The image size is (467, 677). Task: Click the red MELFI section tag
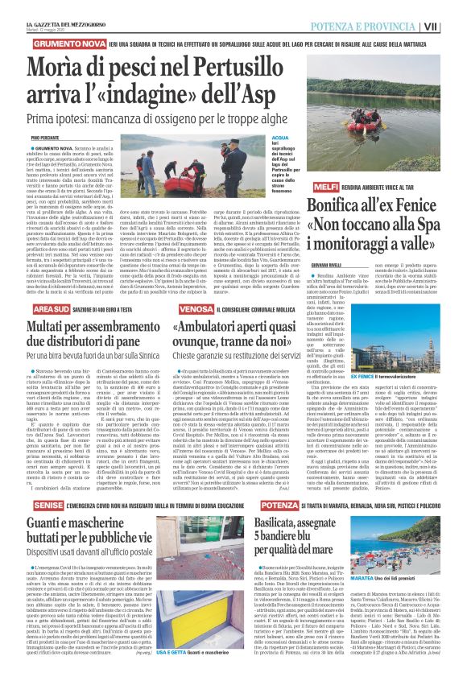point(326,187)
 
